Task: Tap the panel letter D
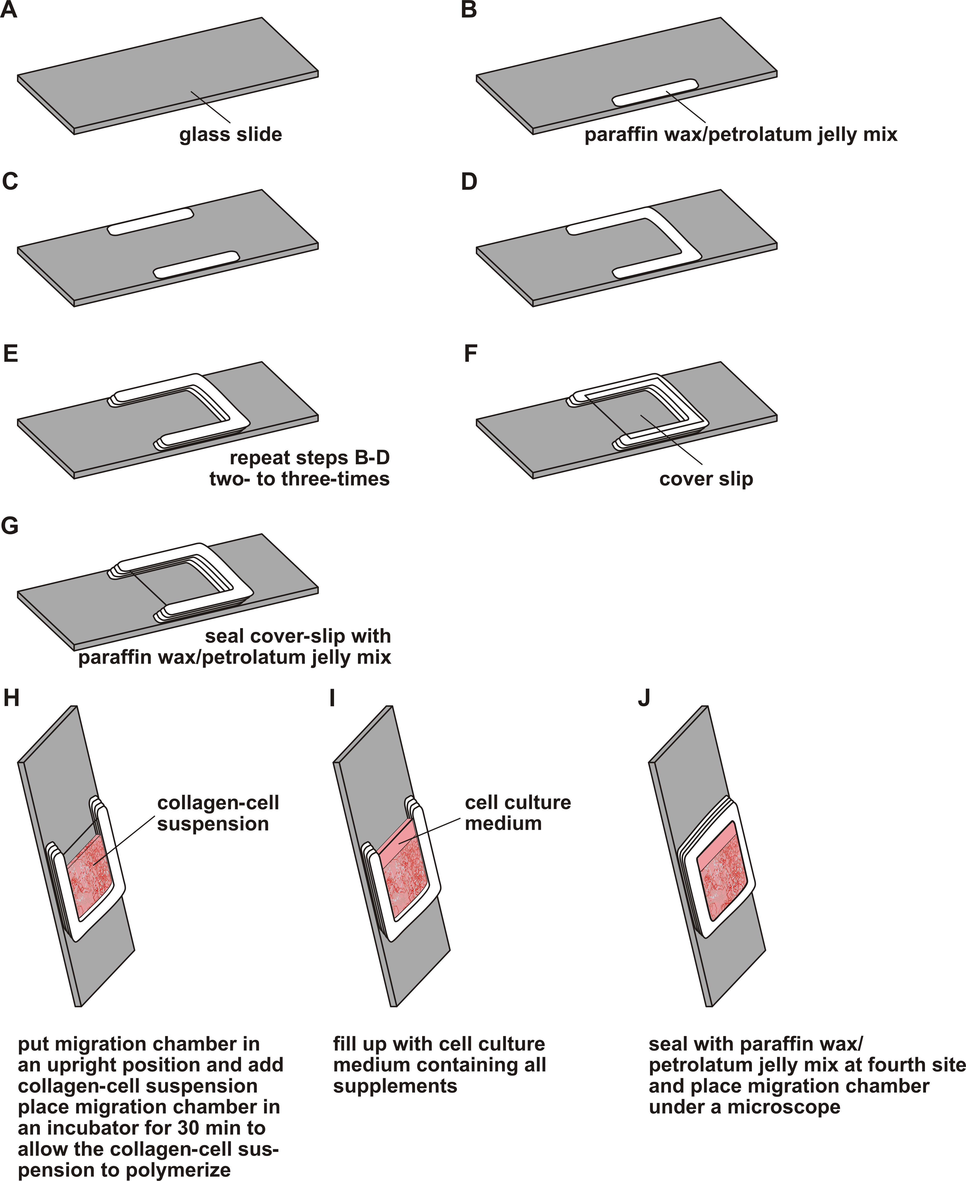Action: (469, 182)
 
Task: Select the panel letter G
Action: (10, 526)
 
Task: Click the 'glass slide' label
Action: (230, 135)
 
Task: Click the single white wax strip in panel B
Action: (655, 92)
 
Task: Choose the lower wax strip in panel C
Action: (196, 265)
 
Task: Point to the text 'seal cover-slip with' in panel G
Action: (298, 636)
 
